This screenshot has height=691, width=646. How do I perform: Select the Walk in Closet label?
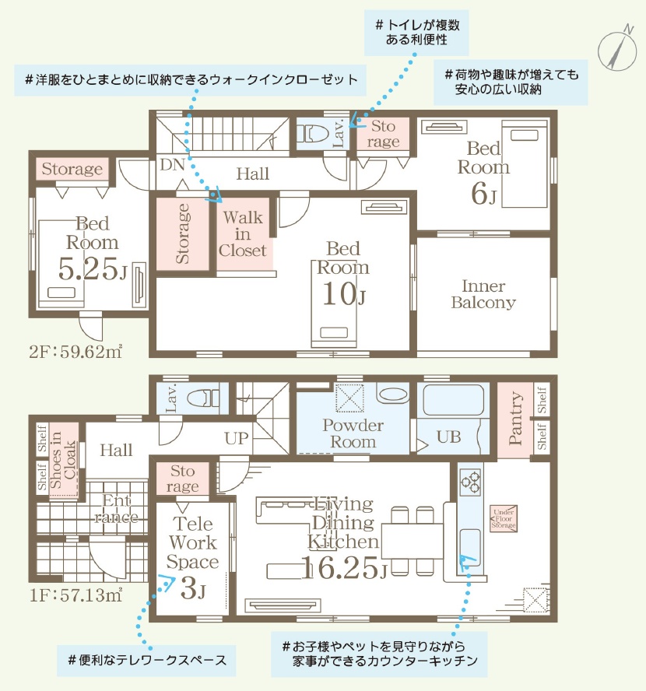point(242,234)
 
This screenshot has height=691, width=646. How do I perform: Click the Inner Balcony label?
point(483,294)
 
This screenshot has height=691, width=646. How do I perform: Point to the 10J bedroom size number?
point(344,294)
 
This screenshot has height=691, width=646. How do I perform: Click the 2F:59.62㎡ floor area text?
point(75,352)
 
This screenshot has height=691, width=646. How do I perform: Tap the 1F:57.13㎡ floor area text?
point(75,595)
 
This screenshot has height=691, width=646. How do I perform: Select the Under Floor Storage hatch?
point(504,519)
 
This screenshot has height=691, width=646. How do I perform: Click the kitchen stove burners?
point(471,481)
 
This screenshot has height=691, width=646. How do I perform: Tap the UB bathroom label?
point(448,437)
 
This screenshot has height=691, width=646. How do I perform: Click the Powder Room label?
point(353,433)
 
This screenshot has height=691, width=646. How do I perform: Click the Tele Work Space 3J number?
point(193,588)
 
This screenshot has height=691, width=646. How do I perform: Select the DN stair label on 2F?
point(172,165)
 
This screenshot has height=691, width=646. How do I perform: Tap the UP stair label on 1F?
point(236,438)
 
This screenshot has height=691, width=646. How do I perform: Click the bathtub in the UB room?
point(453,400)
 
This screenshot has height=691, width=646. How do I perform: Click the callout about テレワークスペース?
point(146,660)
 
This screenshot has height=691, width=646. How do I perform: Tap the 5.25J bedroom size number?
point(92,268)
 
